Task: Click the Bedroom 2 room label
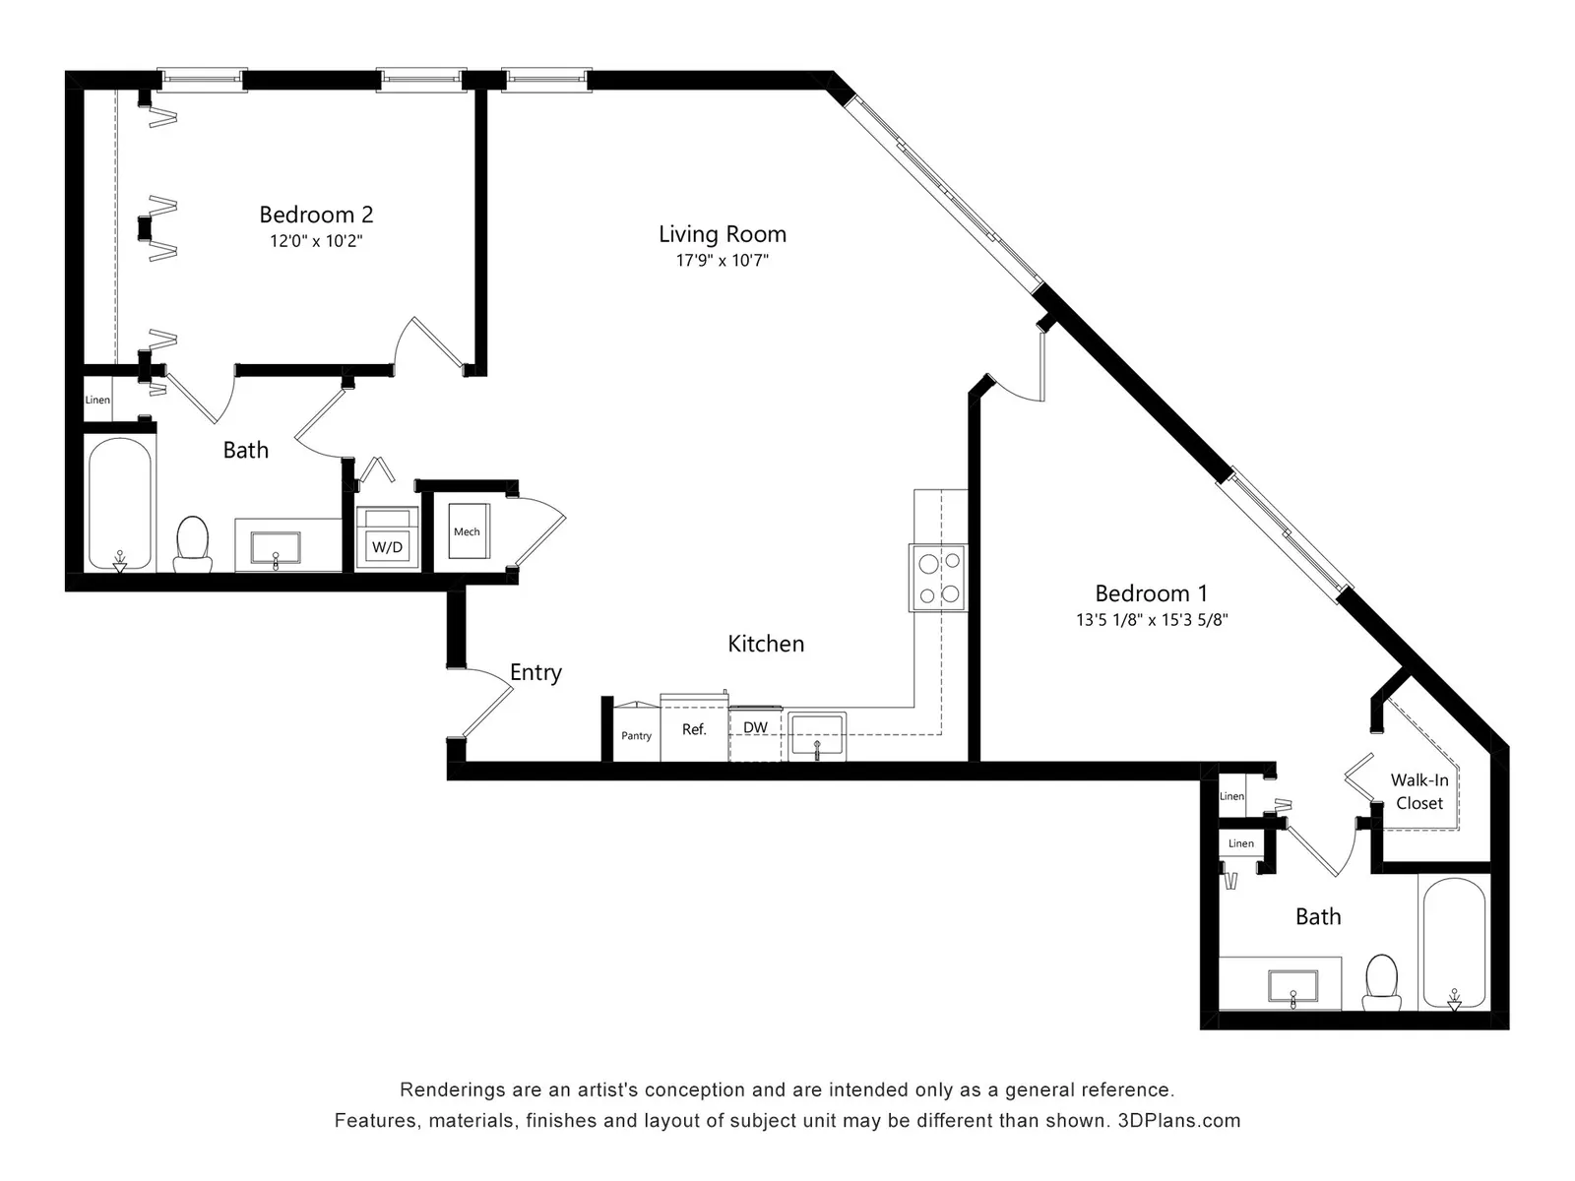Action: pos(316,215)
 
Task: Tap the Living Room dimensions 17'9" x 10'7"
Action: pos(722,260)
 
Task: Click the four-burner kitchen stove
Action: pos(938,578)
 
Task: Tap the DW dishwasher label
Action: pos(755,727)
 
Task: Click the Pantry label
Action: pos(637,736)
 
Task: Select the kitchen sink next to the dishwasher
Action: pos(817,736)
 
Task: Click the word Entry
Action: pos(535,672)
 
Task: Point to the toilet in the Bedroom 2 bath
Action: pos(192,544)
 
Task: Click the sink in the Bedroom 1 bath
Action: pos(1293,987)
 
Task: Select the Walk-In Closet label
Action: pos(1419,791)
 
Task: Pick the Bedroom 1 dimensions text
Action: pos(1152,620)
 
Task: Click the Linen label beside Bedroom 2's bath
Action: pos(97,400)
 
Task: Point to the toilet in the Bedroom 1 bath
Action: pos(1382,982)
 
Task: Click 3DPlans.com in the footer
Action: pos(1179,1120)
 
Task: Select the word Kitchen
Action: pos(766,644)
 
